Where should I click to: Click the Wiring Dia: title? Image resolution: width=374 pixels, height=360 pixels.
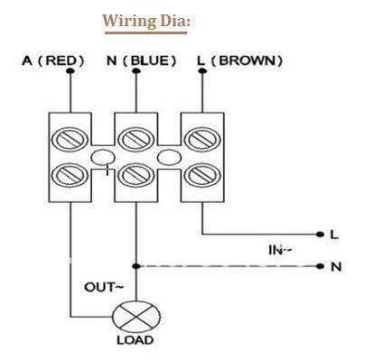click(x=146, y=22)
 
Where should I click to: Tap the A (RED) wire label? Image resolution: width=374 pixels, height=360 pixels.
click(x=53, y=60)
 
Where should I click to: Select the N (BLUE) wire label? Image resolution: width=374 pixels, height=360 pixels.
click(x=141, y=60)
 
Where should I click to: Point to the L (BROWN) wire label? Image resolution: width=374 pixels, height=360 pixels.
click(x=239, y=60)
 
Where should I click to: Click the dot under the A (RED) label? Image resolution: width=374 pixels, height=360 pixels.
click(x=70, y=71)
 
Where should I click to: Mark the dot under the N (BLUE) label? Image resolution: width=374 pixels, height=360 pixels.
click(x=136, y=71)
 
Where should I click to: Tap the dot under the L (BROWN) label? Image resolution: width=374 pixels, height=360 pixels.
click(x=202, y=71)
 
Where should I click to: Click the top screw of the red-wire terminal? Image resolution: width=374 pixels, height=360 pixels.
click(x=70, y=140)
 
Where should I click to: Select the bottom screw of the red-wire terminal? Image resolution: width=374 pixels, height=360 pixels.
click(x=70, y=175)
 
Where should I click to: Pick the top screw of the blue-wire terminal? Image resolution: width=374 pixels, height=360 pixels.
click(x=136, y=140)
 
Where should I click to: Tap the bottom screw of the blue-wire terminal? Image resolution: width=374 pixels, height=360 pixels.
click(x=136, y=175)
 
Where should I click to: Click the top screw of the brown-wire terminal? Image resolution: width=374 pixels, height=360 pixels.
click(x=202, y=140)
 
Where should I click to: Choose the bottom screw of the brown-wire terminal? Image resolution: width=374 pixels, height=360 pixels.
click(x=202, y=175)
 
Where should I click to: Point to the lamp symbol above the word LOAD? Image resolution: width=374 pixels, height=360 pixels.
click(x=136, y=317)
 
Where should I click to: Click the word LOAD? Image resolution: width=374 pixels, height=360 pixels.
click(x=136, y=340)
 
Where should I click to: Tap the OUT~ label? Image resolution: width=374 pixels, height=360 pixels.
click(x=104, y=287)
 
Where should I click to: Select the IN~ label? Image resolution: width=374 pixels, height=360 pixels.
click(x=280, y=250)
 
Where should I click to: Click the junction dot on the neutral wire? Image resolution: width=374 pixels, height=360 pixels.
click(x=136, y=266)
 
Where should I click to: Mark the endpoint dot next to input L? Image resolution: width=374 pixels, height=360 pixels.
click(x=321, y=235)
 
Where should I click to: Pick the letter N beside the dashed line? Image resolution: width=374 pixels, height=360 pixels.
click(x=336, y=266)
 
